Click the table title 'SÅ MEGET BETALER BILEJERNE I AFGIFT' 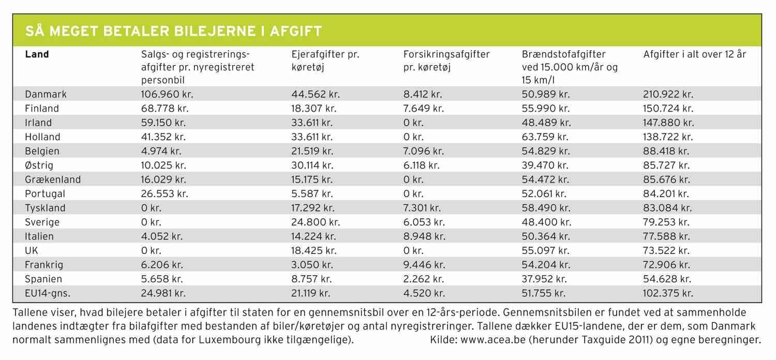[174, 32]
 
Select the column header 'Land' [37, 54]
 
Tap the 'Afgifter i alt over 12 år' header [694, 54]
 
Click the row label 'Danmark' [46, 95]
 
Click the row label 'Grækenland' [53, 180]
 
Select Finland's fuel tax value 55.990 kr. [546, 109]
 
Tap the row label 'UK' [32, 251]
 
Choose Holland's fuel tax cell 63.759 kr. [546, 137]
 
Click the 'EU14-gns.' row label [48, 293]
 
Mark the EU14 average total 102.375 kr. [667, 293]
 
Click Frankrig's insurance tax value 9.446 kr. [424, 265]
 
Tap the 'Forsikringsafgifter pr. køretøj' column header [446, 61]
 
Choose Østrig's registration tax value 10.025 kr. [164, 166]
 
